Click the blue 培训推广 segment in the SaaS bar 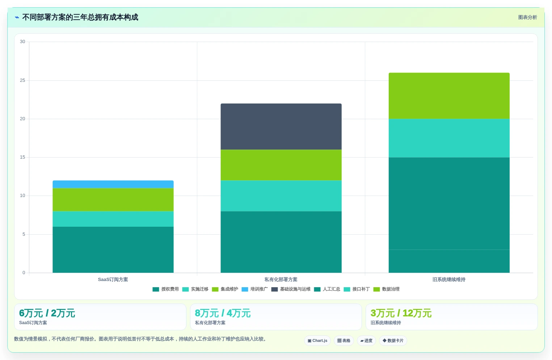(113, 184)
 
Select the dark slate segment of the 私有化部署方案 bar (281, 126)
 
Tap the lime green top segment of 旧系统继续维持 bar (449, 96)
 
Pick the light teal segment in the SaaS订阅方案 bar (113, 219)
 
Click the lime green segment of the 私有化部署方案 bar (281, 165)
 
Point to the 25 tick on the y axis (23, 80)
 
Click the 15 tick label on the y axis (23, 157)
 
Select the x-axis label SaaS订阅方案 (113, 279)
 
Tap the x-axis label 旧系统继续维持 (449, 279)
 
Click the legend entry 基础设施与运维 (291, 289)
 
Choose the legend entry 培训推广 (254, 289)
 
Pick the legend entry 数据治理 (387, 289)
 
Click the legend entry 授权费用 (166, 289)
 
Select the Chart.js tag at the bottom (317, 340)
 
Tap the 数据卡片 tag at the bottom (393, 340)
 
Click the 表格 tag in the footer (344, 340)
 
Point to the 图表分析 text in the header (527, 17)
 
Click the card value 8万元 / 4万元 (223, 313)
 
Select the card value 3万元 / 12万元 (401, 313)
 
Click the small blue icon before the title (17, 17)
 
